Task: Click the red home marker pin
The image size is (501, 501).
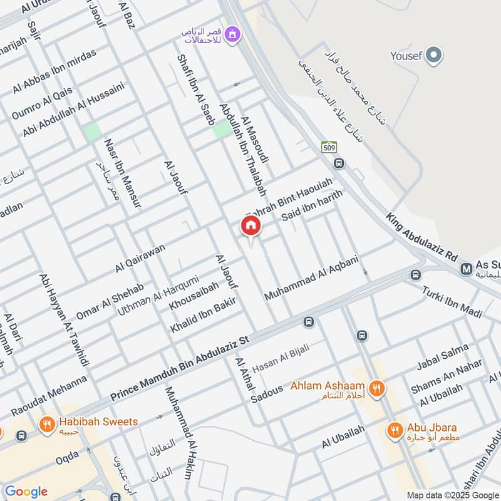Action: pos(251,226)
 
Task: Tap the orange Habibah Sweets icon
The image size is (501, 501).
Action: pos(46,426)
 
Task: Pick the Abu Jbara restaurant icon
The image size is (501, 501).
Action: pos(394,430)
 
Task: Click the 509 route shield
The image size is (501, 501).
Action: pos(329,148)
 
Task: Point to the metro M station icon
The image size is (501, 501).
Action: pos(467,269)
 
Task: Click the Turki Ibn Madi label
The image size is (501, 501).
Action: pos(452,301)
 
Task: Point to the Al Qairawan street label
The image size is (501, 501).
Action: pos(140,257)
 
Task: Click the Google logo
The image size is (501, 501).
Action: pos(26,492)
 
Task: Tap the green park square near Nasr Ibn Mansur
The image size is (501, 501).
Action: pos(92,132)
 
